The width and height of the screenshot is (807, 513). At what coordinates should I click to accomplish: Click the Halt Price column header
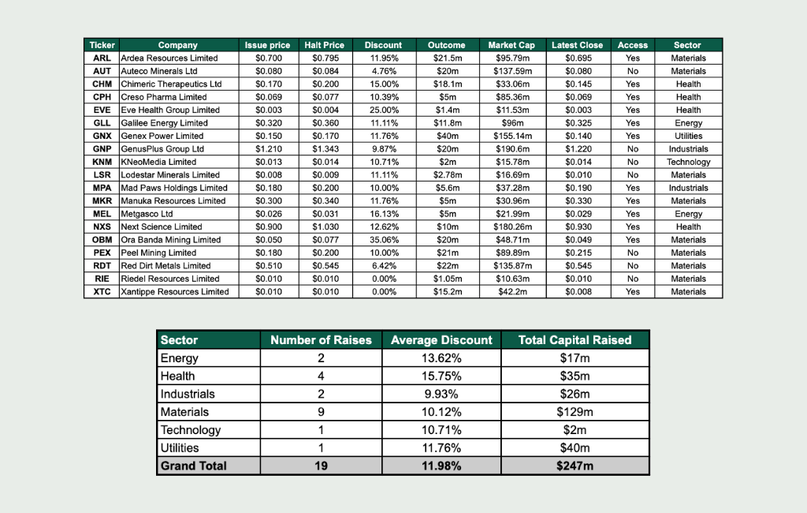pyautogui.click(x=324, y=45)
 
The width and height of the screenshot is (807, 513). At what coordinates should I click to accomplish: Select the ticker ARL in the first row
pyautogui.click(x=102, y=58)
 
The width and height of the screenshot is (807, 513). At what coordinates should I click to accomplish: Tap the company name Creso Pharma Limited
pyautogui.click(x=164, y=97)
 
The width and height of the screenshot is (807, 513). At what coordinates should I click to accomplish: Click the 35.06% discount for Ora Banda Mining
pyautogui.click(x=384, y=240)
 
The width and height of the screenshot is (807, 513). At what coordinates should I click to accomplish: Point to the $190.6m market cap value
pyautogui.click(x=511, y=149)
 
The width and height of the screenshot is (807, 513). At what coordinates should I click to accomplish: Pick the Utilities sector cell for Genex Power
pyautogui.click(x=688, y=136)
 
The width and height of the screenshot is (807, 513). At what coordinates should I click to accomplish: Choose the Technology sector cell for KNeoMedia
pyautogui.click(x=688, y=162)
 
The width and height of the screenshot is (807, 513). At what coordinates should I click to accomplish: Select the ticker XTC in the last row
pyautogui.click(x=102, y=292)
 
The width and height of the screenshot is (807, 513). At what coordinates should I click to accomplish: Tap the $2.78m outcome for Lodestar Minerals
pyautogui.click(x=446, y=175)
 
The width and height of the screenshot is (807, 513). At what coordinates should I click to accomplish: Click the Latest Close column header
pyautogui.click(x=577, y=45)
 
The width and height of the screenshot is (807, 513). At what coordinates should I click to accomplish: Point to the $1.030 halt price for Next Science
pyautogui.click(x=324, y=227)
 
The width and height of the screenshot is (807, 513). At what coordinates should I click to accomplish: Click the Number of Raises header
pyautogui.click(x=321, y=340)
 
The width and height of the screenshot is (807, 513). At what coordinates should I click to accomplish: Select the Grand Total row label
pyautogui.click(x=193, y=466)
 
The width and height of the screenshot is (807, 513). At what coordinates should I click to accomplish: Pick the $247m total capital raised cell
pyautogui.click(x=575, y=466)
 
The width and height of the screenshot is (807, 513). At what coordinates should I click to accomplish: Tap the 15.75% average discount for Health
pyautogui.click(x=441, y=376)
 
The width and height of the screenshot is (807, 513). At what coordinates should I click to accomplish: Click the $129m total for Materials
pyautogui.click(x=575, y=412)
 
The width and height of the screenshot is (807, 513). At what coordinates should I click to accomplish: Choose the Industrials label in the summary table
pyautogui.click(x=188, y=394)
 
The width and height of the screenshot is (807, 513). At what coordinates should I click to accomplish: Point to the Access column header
pyautogui.click(x=632, y=45)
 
